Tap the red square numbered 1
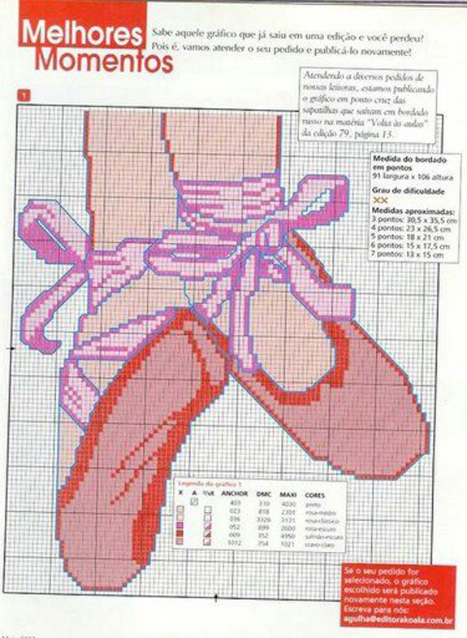pyautogui.click(x=27, y=96)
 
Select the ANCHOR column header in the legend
pyautogui.click(x=234, y=493)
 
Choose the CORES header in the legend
pyautogui.click(x=315, y=493)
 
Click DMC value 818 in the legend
pyautogui.click(x=262, y=511)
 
